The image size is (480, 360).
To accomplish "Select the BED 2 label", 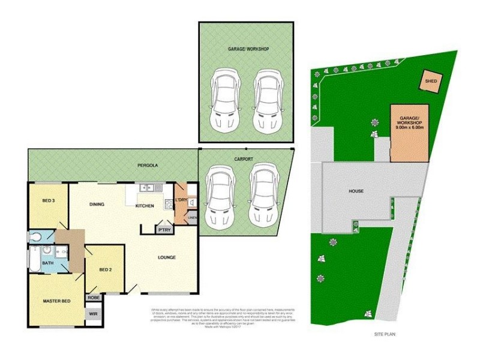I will pos(105,270).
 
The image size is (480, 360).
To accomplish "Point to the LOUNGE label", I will pos(167,257).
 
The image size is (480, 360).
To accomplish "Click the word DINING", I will pos(97,205).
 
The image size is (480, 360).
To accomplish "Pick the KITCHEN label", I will pos(145,206).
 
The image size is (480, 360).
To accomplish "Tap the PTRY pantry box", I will pos(163,229).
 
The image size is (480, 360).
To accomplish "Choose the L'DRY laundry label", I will pos(182,200).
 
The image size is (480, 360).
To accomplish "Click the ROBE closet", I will pos(94,296).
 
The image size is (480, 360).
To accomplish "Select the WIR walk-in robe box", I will pos(94,313).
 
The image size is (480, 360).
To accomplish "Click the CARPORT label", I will pos(243,159).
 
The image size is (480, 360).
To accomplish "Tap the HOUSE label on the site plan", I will pos(356,191).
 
